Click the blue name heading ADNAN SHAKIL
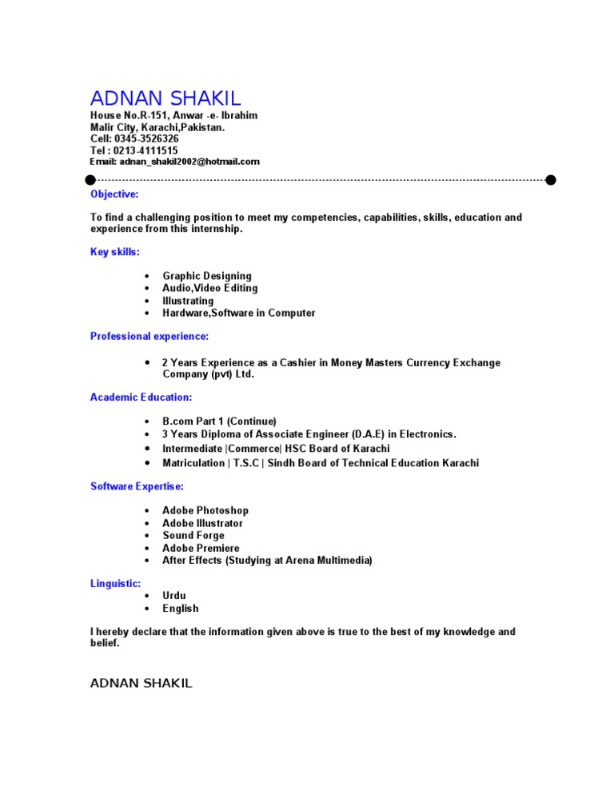[165, 98]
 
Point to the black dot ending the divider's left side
[90, 180]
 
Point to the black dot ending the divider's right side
[551, 180]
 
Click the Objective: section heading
[114, 194]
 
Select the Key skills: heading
[115, 252]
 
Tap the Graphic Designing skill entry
[206, 276]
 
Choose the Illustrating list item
[188, 301]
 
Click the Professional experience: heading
[150, 337]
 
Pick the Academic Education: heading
[141, 397]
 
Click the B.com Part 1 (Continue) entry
[219, 421]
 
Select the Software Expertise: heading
[137, 486]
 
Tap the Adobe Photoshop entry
[205, 510]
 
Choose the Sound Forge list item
[193, 535]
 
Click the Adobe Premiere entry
[201, 548]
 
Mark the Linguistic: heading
[116, 584]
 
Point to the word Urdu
[174, 596]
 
